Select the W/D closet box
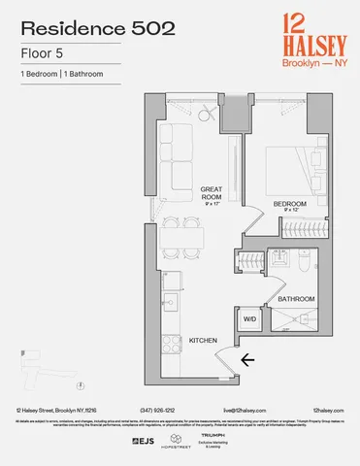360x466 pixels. coord(248,318)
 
